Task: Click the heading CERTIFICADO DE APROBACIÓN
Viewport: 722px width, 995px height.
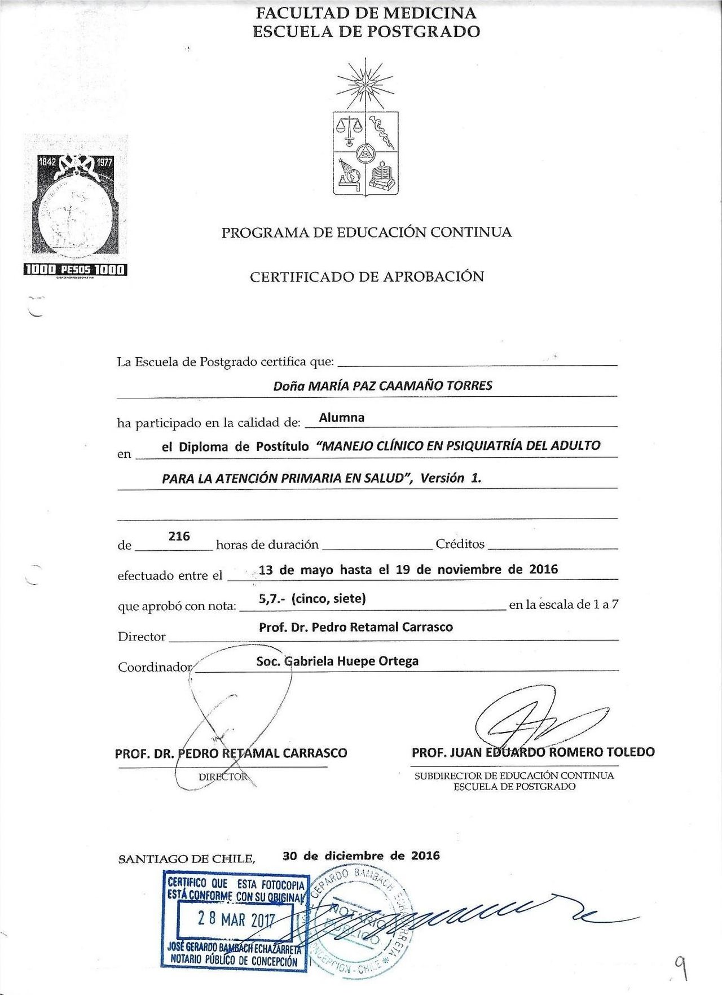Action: coord(367,277)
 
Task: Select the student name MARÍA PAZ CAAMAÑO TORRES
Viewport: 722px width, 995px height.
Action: coord(400,386)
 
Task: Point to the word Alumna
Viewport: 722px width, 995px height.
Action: coord(342,418)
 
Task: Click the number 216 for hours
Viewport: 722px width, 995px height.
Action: coord(179,536)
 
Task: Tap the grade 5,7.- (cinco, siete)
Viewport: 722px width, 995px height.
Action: coord(312,598)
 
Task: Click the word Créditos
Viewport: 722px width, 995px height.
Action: coord(460,544)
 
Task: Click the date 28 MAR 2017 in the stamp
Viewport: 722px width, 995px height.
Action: coord(236,919)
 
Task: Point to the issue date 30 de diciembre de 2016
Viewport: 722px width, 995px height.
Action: coord(361,856)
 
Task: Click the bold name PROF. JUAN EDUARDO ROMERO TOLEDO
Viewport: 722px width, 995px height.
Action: coord(533,752)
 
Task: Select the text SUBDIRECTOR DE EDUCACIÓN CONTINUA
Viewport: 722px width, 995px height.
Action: coord(514,775)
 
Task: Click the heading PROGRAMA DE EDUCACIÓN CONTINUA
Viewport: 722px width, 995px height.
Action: coord(367,233)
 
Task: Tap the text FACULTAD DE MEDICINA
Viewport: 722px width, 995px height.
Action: coord(366,12)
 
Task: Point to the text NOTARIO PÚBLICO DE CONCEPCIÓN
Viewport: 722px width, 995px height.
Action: coord(234,961)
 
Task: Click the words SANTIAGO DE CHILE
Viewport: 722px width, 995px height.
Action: coord(187,859)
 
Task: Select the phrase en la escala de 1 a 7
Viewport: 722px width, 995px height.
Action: coord(563,604)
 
